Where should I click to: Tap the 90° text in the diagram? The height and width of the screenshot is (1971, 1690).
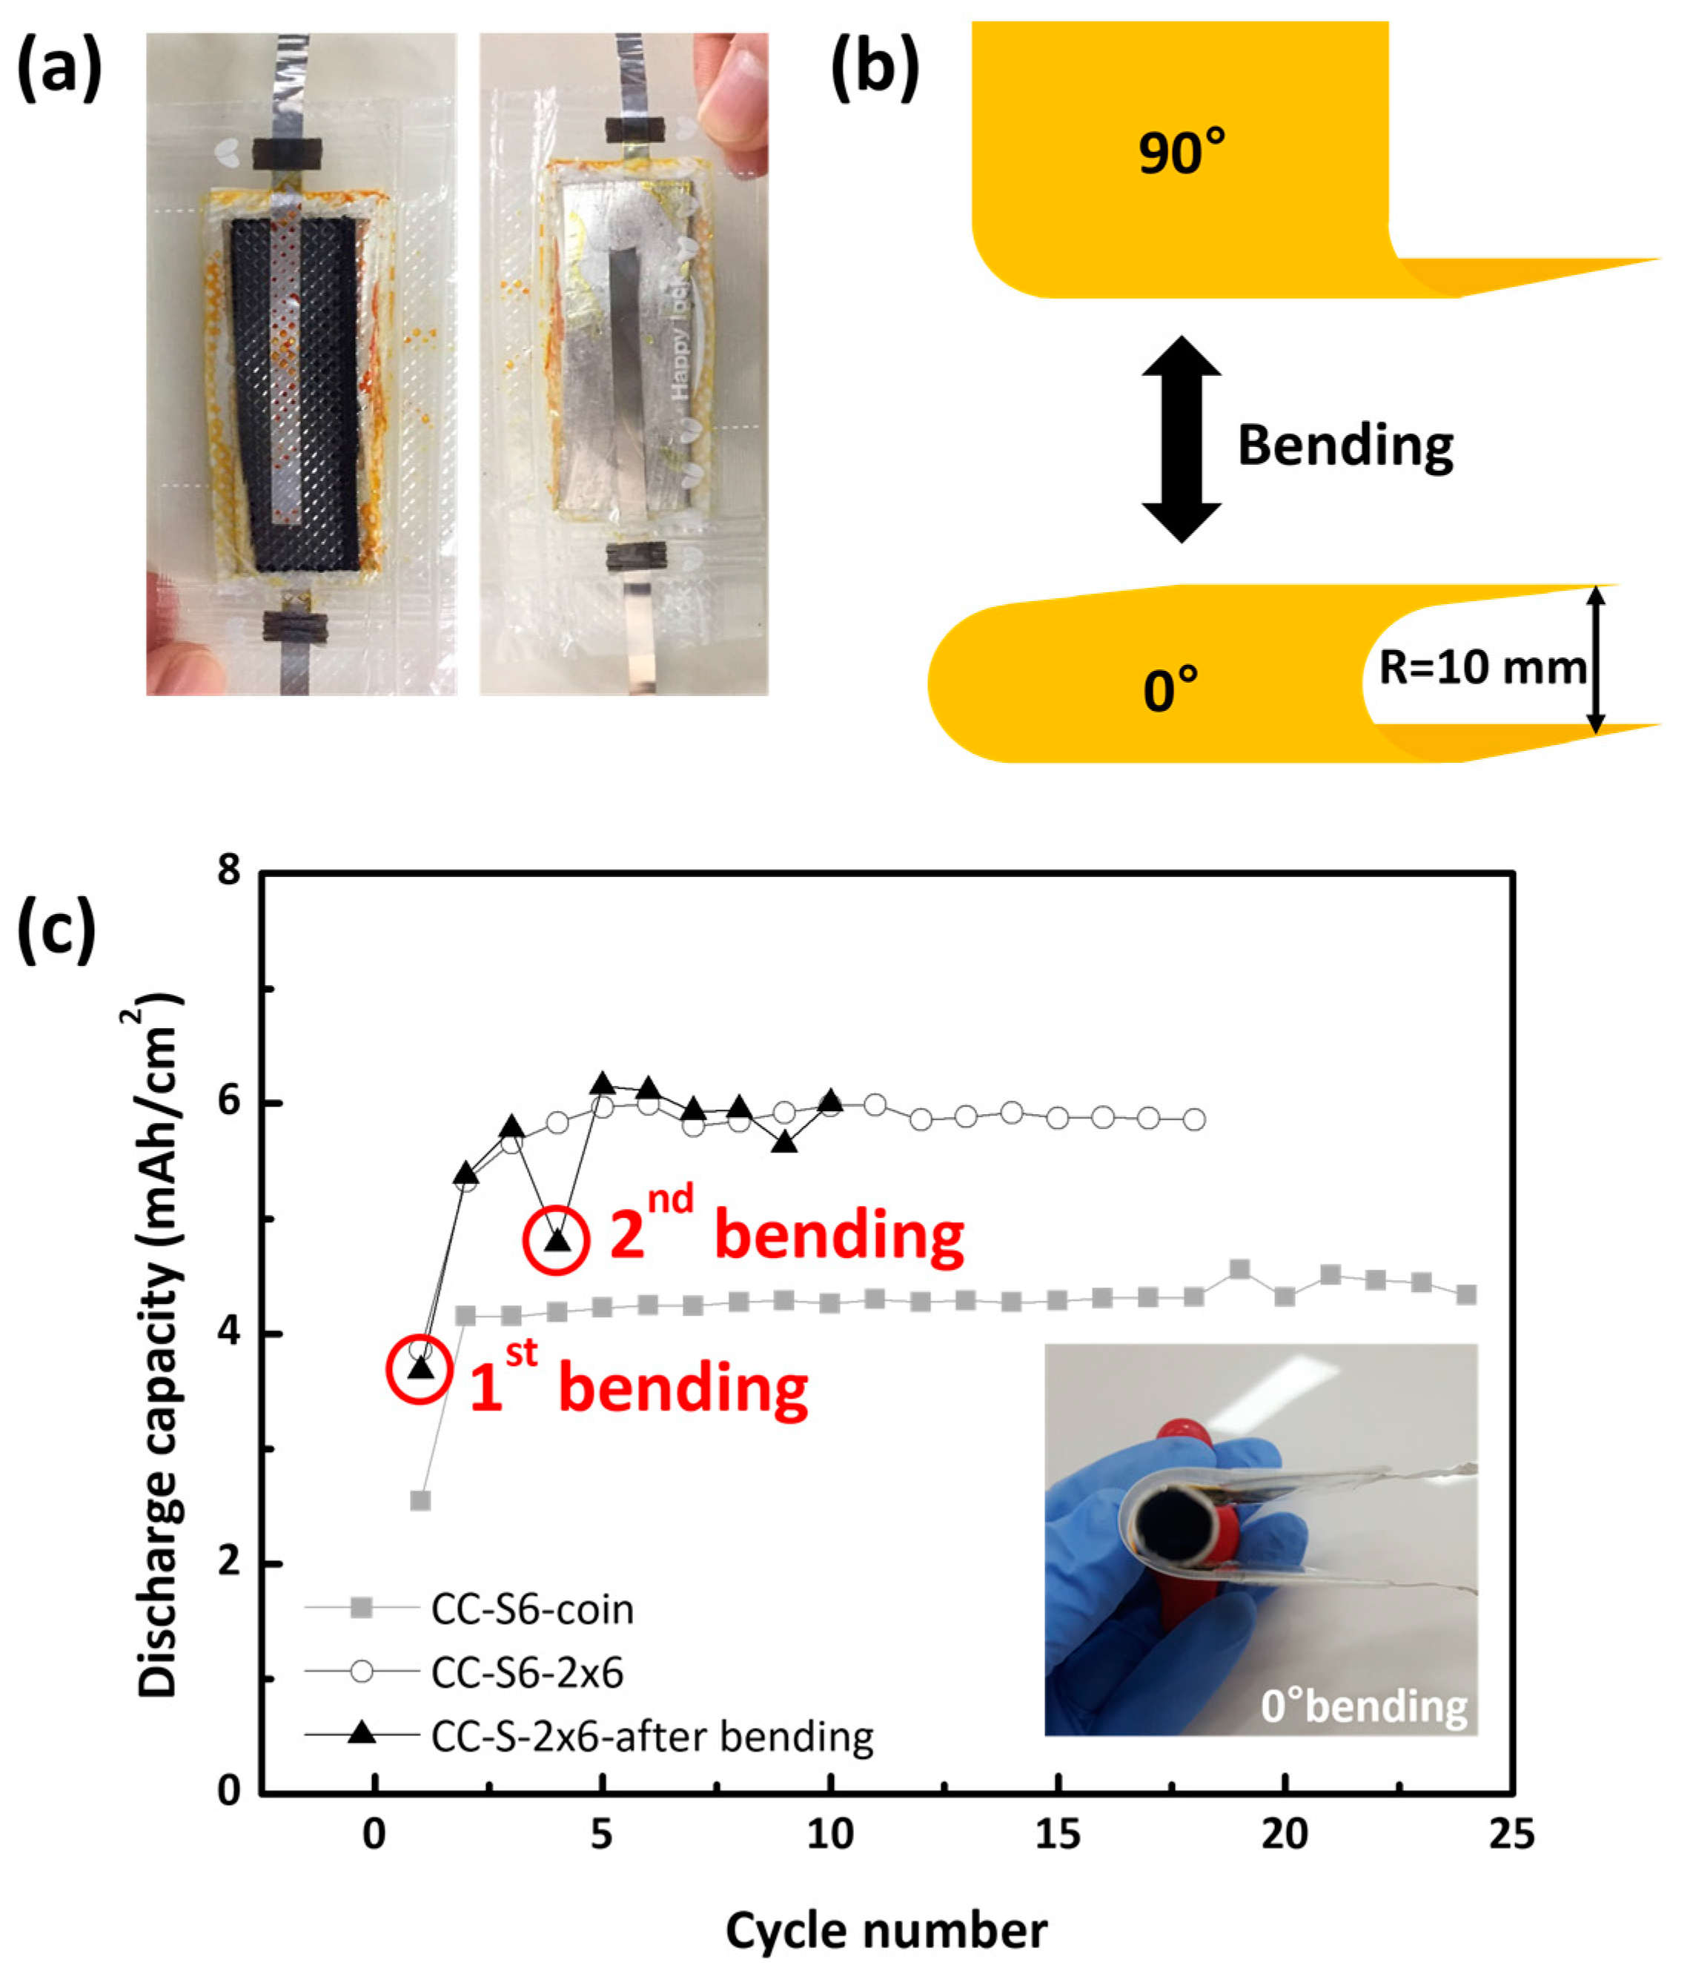click(x=1182, y=151)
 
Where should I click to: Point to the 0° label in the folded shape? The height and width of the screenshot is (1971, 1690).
click(x=1170, y=689)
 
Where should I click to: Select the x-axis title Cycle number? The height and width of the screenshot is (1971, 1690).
click(x=886, y=1930)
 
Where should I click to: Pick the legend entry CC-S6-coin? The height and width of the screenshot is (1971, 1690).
click(x=531, y=1609)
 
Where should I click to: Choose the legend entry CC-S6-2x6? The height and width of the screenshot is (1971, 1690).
click(x=527, y=1672)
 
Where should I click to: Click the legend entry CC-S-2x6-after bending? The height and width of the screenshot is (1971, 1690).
click(x=652, y=1736)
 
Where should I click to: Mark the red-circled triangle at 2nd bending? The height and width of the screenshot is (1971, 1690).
click(x=557, y=1240)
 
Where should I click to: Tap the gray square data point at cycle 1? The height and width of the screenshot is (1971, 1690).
click(x=420, y=1501)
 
